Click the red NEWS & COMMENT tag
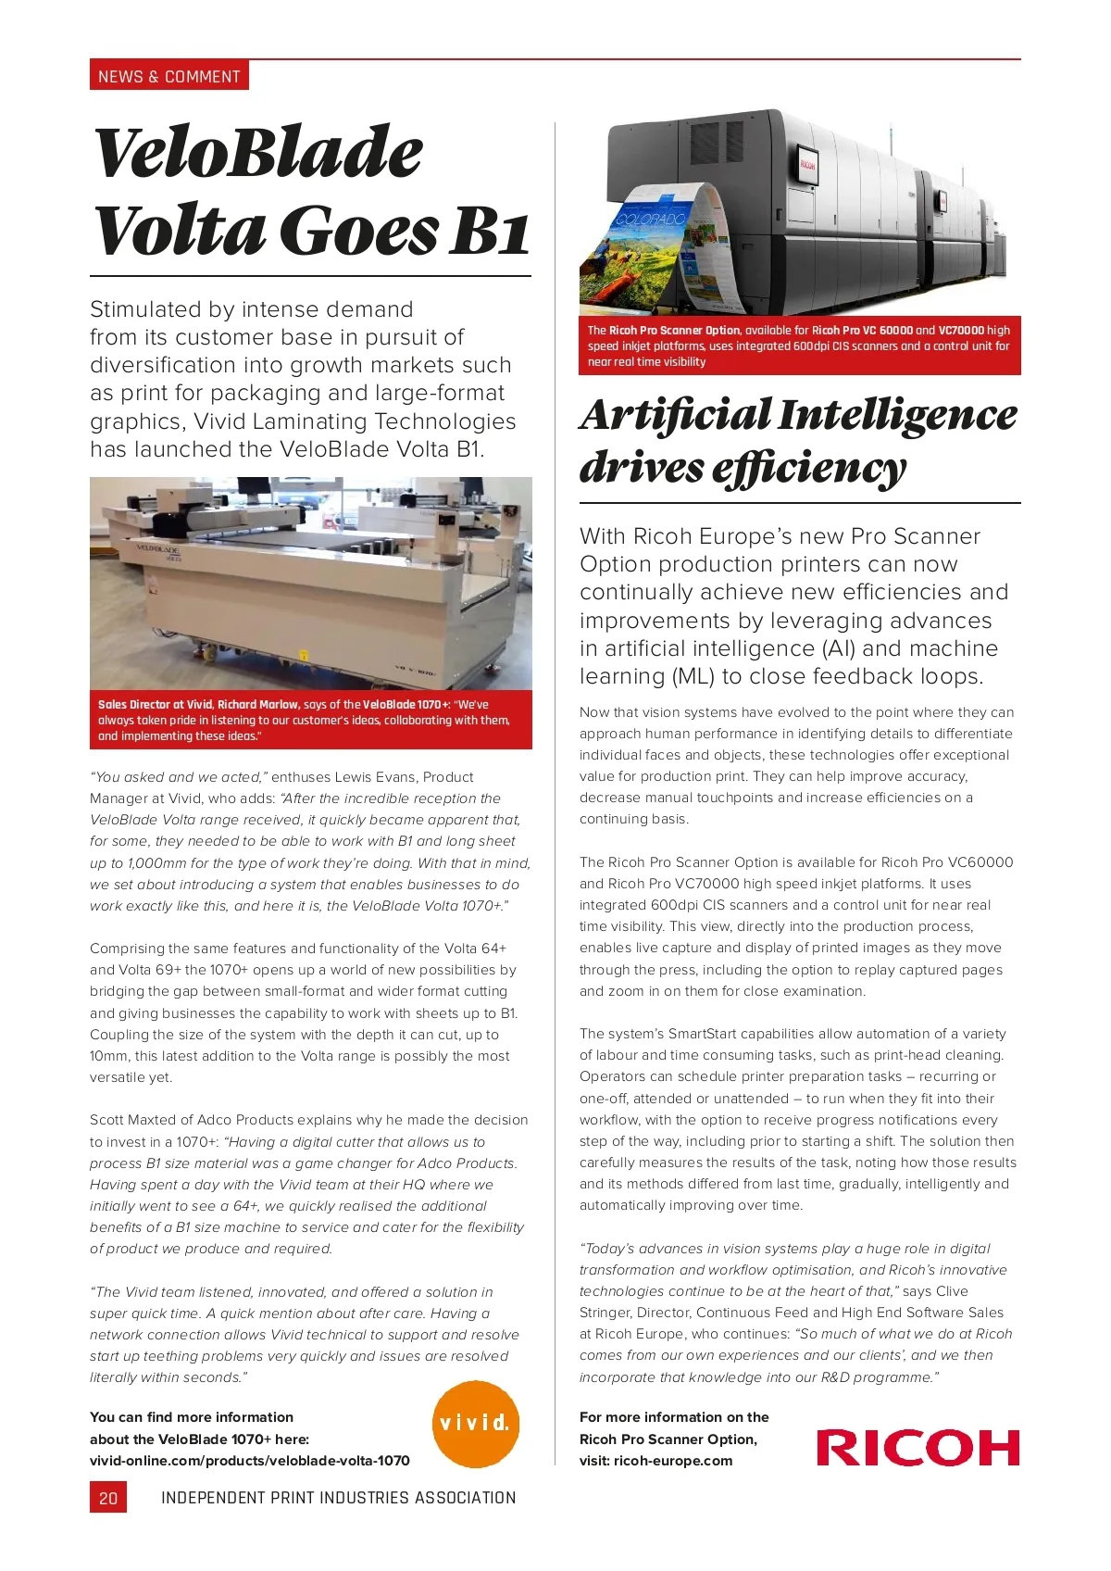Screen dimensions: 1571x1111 pos(169,76)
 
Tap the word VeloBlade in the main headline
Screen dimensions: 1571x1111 pos(258,153)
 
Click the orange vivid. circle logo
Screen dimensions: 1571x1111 pos(476,1424)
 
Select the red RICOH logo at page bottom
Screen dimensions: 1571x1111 pos(918,1447)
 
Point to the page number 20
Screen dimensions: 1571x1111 pos(108,1498)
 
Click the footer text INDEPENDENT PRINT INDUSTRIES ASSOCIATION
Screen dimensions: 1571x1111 pos(338,1498)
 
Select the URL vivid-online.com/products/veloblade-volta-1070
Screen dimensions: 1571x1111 pos(250,1461)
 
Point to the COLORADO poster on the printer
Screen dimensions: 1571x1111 pos(651,220)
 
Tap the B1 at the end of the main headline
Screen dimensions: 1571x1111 pos(489,231)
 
